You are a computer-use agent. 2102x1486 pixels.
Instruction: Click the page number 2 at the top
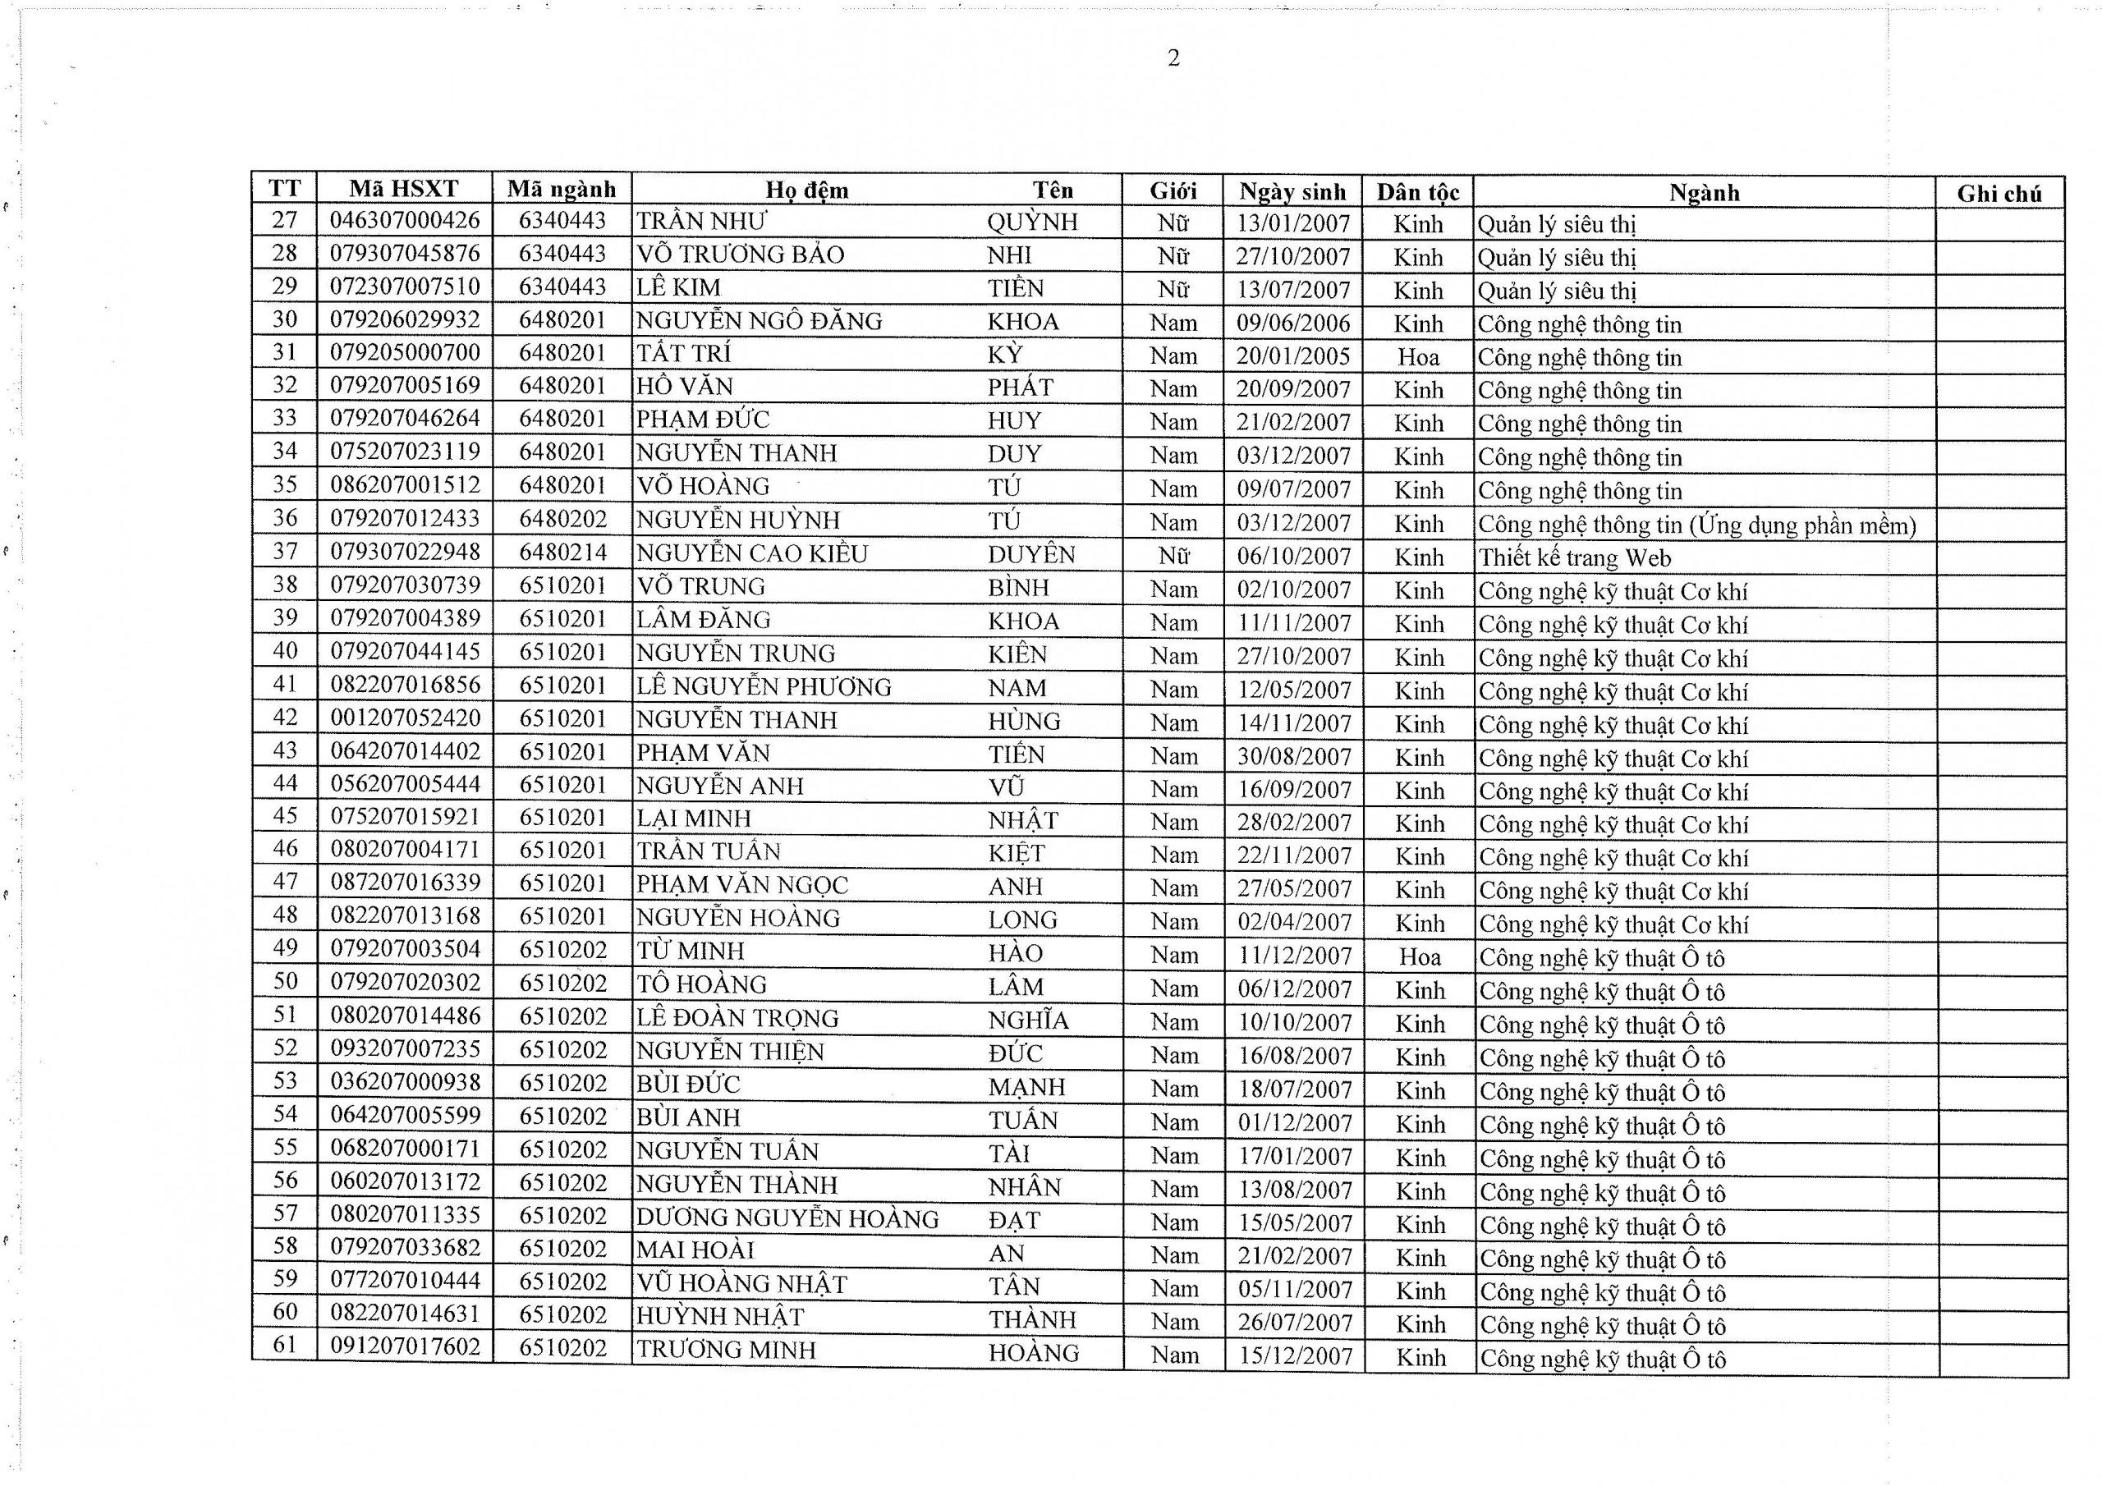click(x=1173, y=58)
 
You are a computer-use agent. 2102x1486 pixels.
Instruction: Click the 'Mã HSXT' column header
click(x=404, y=189)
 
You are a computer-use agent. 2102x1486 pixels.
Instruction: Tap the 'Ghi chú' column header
click(x=1999, y=193)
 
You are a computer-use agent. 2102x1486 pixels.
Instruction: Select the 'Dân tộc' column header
click(x=1417, y=191)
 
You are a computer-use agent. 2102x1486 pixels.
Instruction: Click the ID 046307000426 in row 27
click(x=405, y=221)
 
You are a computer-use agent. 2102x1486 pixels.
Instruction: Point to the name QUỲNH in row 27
click(x=1032, y=222)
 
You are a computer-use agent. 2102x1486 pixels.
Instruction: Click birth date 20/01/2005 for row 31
click(x=1292, y=357)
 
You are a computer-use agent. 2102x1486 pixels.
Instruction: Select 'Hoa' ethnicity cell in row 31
click(x=1418, y=357)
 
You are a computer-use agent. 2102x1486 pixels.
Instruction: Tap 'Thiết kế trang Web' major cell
click(x=1575, y=557)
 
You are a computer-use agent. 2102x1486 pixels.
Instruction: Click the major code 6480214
click(x=562, y=552)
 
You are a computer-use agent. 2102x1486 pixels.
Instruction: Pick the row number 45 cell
click(x=286, y=816)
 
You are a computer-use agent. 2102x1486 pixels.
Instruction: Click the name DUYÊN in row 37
click(x=1030, y=555)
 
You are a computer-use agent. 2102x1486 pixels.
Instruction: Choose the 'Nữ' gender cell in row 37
click(x=1173, y=556)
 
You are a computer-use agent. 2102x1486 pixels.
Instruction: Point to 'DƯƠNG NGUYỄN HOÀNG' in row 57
click(x=787, y=1218)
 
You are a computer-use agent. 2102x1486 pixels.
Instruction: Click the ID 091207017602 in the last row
click(x=405, y=1346)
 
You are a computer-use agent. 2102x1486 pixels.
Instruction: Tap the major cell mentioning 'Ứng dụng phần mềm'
click(x=1696, y=525)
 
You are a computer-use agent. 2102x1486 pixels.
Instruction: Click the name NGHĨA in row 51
click(x=1028, y=1020)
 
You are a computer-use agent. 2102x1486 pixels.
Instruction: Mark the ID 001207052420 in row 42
click(x=405, y=718)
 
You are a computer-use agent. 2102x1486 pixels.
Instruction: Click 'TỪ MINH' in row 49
click(x=691, y=952)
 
